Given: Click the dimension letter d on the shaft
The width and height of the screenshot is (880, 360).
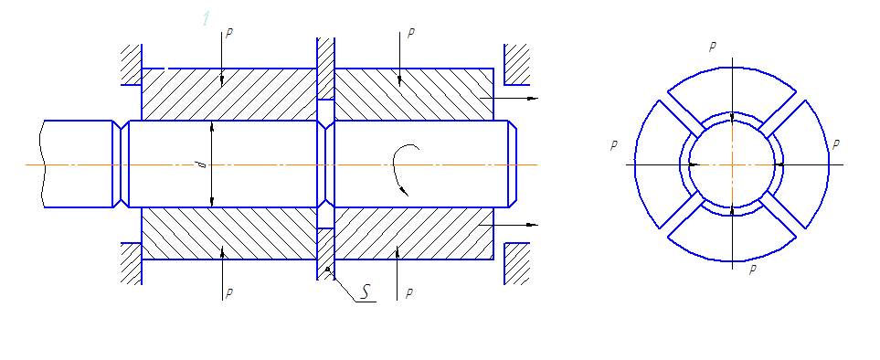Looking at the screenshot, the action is pos(204,164).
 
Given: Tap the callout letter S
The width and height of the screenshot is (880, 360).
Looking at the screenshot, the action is pos(366,292).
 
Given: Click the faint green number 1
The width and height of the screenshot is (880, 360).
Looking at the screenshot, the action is pos(206,18).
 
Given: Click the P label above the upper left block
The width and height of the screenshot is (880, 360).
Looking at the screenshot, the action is pos(229,33).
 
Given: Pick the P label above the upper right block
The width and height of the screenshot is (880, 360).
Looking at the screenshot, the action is pos(411,33).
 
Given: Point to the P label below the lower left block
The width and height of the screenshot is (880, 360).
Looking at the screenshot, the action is pos(229,293).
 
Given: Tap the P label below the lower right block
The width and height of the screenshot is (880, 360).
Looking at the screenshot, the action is pos(409,292).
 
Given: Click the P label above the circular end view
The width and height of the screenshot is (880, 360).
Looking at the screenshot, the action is pos(712,48).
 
